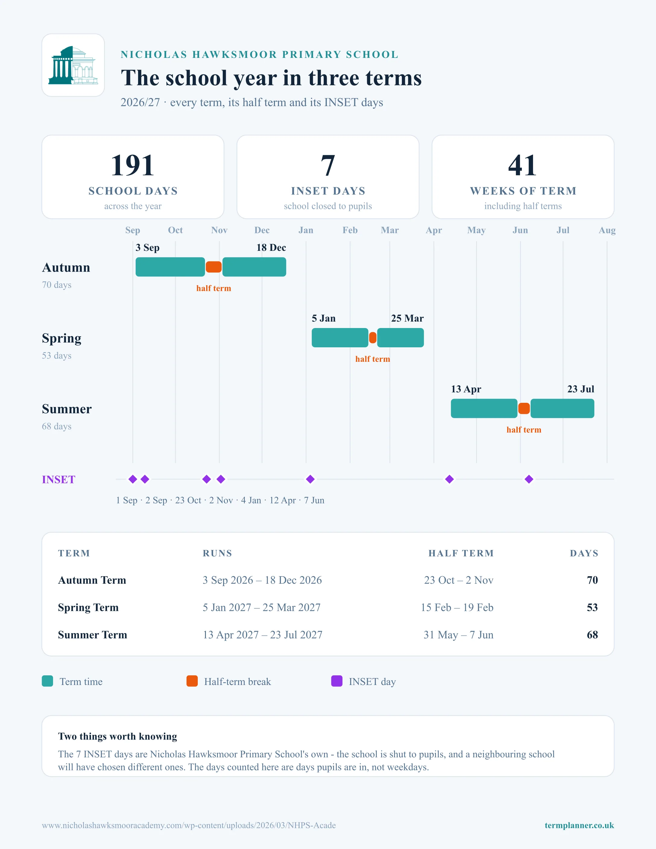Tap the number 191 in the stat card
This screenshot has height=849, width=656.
click(x=133, y=165)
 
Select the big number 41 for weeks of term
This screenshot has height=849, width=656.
click(x=523, y=165)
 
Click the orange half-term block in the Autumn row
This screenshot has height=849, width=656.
click(x=213, y=267)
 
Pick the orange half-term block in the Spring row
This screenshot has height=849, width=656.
click(x=373, y=338)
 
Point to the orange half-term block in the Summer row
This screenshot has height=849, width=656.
click(x=524, y=409)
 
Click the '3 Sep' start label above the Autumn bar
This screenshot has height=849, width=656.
click(x=147, y=248)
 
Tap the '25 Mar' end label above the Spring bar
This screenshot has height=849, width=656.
click(x=407, y=318)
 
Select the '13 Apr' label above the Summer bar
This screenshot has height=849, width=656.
click(x=466, y=389)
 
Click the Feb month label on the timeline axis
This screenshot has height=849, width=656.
click(x=350, y=230)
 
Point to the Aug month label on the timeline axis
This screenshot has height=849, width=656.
click(x=607, y=230)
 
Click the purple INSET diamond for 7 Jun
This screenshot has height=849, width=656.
click(x=529, y=479)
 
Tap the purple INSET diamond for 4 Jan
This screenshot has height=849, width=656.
click(x=310, y=479)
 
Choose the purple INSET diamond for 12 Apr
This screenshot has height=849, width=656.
click(x=449, y=479)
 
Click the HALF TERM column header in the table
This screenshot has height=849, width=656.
click(x=461, y=553)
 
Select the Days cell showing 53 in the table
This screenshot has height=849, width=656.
click(x=592, y=607)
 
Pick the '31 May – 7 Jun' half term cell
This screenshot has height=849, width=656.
click(x=459, y=635)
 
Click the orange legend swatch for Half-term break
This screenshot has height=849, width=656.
click(x=192, y=681)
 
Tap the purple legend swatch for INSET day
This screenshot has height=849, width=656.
click(x=336, y=681)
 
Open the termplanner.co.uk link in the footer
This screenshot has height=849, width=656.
click(x=579, y=825)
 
